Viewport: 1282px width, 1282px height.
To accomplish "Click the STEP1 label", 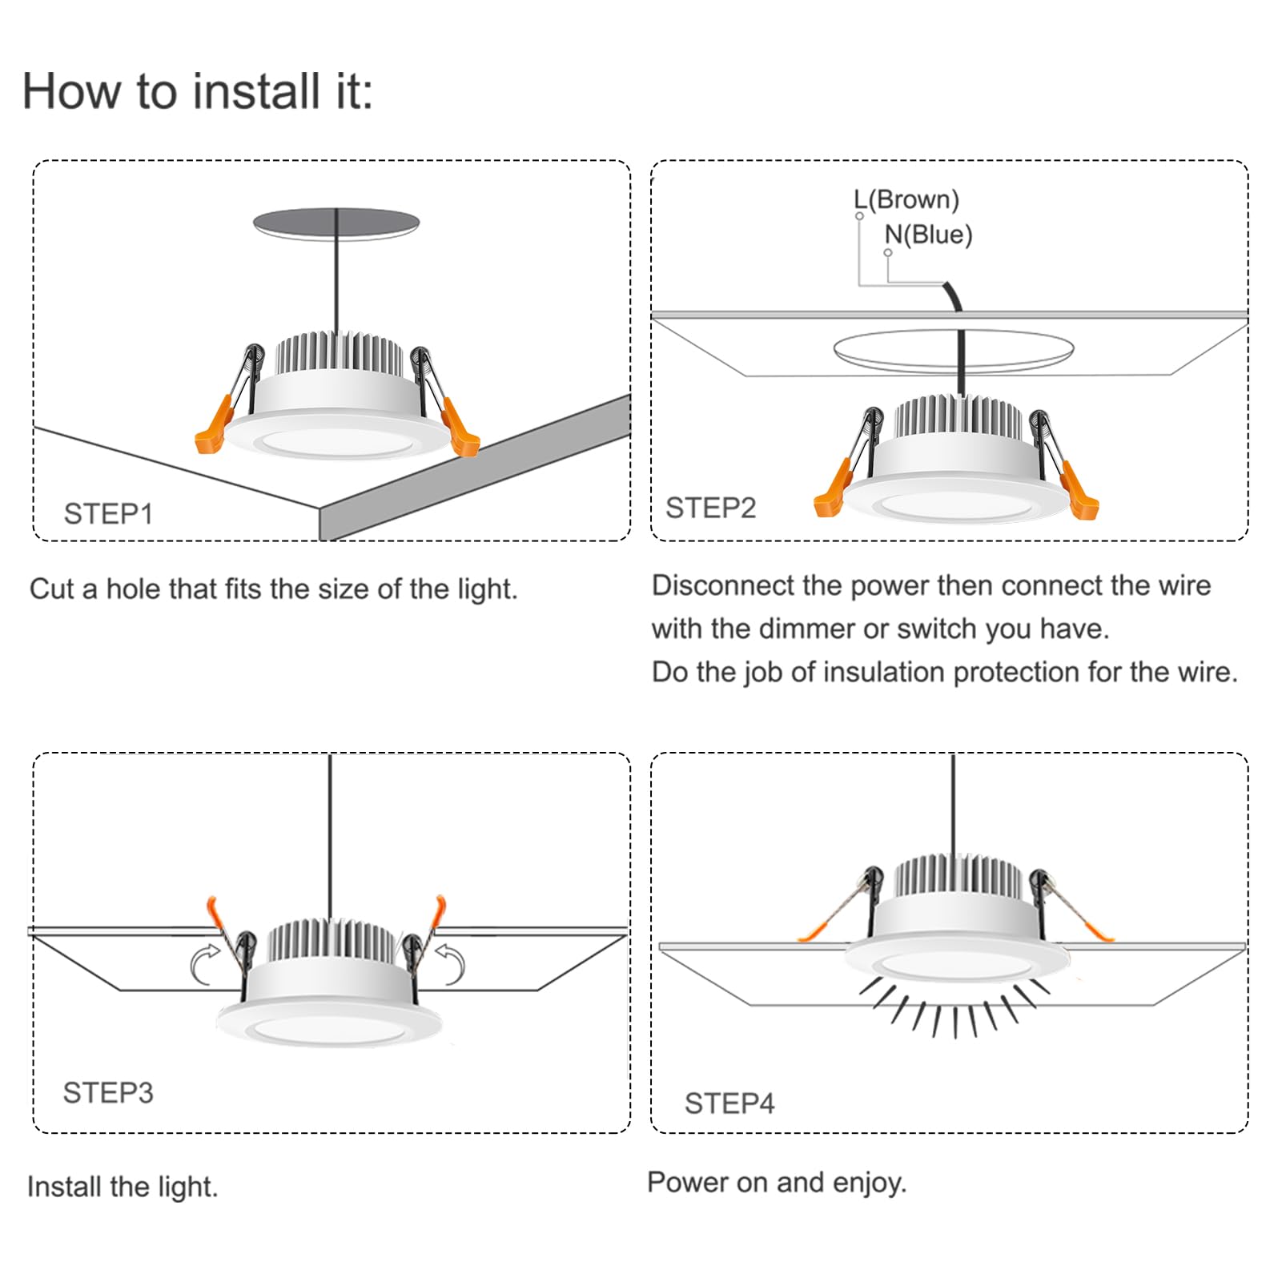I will pyautogui.click(x=108, y=514).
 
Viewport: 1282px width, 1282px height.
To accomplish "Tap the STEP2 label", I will pyautogui.click(x=710, y=508).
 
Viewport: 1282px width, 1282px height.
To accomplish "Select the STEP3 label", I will pyautogui.click(x=107, y=1092).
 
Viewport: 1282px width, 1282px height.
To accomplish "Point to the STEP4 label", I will pyautogui.click(x=729, y=1103).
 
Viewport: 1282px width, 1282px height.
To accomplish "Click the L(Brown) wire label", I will pyautogui.click(x=906, y=199).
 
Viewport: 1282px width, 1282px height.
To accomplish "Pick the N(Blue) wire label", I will pyautogui.click(x=927, y=235).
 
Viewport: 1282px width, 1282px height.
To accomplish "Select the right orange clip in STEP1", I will pyautogui.click(x=460, y=429).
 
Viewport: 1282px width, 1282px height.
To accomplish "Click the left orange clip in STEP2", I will pyautogui.click(x=832, y=491).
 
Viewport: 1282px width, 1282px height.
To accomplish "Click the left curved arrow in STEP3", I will pyautogui.click(x=205, y=963).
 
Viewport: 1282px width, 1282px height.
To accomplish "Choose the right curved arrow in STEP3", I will pyautogui.click(x=452, y=963).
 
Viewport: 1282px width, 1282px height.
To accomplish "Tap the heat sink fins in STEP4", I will pyautogui.click(x=958, y=876).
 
